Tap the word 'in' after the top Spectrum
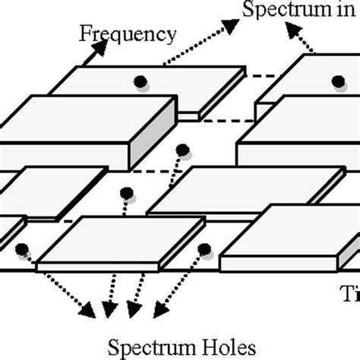tap(343, 11)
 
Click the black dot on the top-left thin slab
tap(139, 81)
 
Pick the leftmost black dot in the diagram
tap(22, 248)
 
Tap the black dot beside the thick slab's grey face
tap(182, 149)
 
